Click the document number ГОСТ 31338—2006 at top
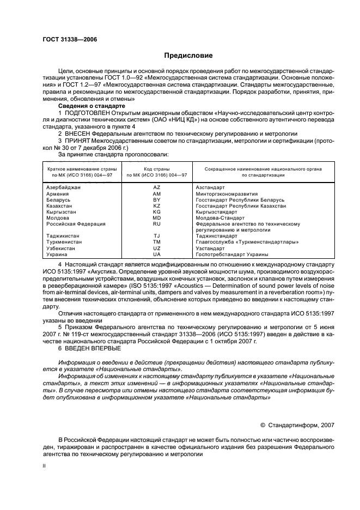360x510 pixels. pos(66,39)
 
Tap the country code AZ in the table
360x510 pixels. pos(157,187)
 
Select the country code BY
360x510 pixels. pos(157,199)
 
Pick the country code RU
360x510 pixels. pos(157,224)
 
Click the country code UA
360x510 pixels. pos(157,254)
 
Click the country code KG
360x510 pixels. pos(157,212)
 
